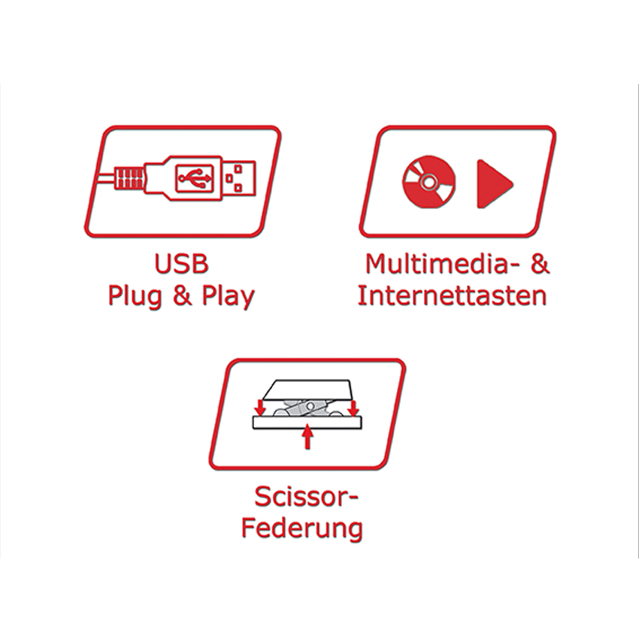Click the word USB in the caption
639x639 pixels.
tap(181, 264)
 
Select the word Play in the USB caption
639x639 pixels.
tap(229, 296)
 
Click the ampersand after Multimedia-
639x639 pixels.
tap(539, 264)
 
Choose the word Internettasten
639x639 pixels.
tap(452, 296)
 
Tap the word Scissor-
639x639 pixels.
tap(307, 497)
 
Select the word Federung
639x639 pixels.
tap(302, 529)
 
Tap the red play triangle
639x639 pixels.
tap(495, 183)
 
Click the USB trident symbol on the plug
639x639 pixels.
tap(195, 177)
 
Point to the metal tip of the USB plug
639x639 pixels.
tap(240, 177)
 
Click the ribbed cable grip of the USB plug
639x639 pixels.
tap(129, 177)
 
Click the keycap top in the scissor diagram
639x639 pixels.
tap(307, 390)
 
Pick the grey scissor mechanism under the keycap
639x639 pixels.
tap(307, 409)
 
